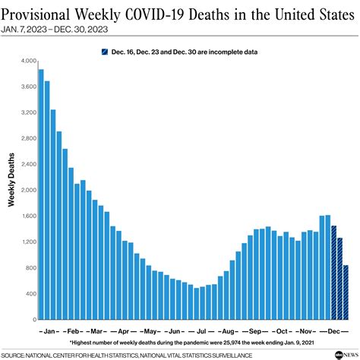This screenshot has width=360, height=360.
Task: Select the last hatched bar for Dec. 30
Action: coord(346,292)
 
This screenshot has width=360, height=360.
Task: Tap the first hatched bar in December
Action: coord(333,272)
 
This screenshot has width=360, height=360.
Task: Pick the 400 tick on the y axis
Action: coord(29,294)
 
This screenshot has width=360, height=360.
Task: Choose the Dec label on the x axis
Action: coord(333,332)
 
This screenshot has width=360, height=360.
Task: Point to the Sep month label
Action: coord(255,332)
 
